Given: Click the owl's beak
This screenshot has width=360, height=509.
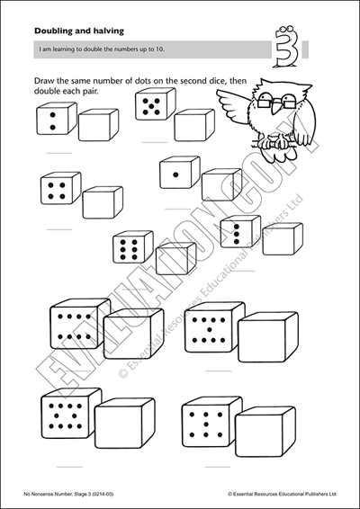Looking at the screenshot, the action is [276, 106].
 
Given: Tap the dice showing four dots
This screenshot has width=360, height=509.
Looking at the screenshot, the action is [61, 188].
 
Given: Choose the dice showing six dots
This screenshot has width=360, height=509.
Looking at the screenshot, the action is [133, 247].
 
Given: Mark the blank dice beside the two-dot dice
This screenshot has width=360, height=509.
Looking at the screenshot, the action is [98, 125].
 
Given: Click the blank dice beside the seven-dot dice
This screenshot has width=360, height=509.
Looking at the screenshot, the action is [265, 431].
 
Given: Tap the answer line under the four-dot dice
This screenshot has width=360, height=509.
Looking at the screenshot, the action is [59, 229].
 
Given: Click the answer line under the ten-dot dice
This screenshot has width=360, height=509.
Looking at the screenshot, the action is [69, 467].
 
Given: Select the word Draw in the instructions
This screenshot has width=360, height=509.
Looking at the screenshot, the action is [43, 81].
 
